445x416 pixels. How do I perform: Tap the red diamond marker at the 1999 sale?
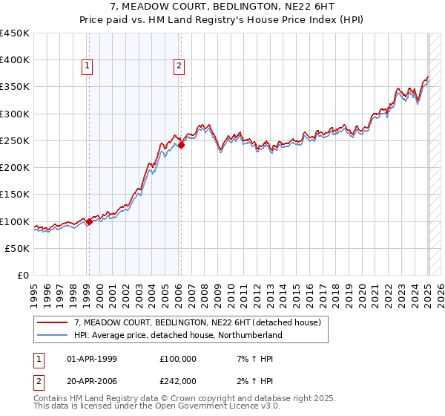tap(89, 221)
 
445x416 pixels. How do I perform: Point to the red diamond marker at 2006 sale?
tap(181, 145)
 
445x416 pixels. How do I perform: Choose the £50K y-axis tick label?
tap(16, 249)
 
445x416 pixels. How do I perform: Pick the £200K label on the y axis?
tap(14, 168)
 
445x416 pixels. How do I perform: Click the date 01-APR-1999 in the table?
tap(93, 360)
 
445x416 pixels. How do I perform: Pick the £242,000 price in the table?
tap(178, 380)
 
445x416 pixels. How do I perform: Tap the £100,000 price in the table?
tap(178, 360)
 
